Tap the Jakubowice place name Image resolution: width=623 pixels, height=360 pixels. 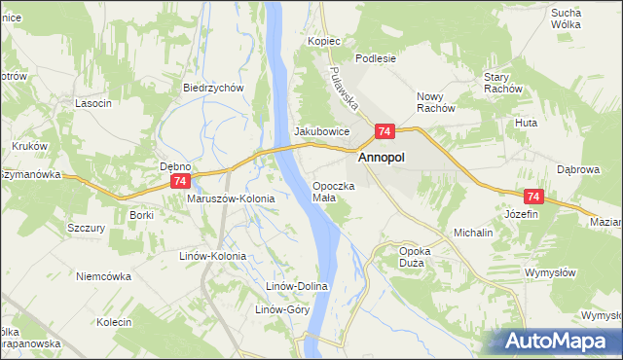(x=321, y=131)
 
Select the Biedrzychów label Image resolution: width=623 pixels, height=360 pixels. (x=212, y=87)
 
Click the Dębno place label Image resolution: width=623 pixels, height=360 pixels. (x=176, y=166)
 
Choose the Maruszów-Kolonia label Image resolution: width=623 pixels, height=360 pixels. (x=231, y=198)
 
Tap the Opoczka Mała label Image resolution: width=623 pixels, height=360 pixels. (x=334, y=191)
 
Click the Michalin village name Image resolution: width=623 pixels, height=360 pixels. (x=473, y=234)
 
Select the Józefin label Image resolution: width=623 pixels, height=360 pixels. (x=522, y=213)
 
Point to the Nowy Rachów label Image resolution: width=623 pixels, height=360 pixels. (x=436, y=102)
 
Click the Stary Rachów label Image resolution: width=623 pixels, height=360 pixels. (x=503, y=83)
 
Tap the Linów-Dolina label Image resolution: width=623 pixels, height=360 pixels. (x=299, y=287)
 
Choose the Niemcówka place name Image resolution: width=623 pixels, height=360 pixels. (x=103, y=276)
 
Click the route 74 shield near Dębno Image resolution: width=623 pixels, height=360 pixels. (x=178, y=182)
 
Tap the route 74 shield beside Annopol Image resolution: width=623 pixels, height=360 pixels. (x=385, y=131)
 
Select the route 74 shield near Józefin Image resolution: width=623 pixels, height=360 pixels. (x=531, y=196)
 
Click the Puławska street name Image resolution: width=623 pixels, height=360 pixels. (x=346, y=89)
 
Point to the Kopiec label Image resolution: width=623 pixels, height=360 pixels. (x=324, y=42)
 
